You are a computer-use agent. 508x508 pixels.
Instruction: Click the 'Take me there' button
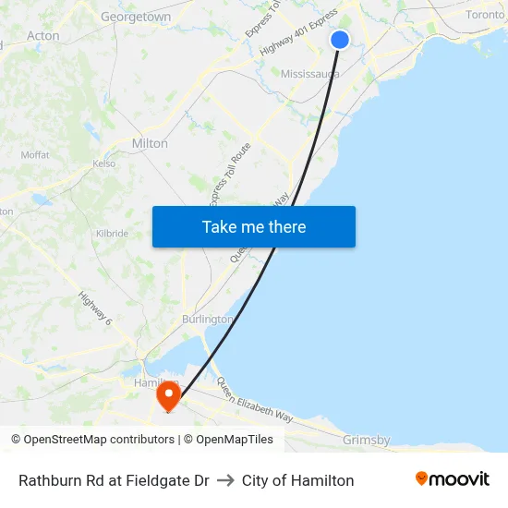coord(254,227)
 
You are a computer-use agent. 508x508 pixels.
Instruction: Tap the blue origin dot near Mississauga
coord(340,40)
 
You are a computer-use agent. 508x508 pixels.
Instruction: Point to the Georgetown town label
coord(136,17)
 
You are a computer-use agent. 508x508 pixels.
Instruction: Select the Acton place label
coord(43,36)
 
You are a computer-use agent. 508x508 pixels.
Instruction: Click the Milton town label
coord(150,143)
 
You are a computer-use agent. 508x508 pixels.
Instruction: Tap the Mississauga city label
coord(310,73)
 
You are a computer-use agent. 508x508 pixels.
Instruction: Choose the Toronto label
coord(485,15)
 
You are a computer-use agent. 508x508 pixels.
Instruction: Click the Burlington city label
coord(208,319)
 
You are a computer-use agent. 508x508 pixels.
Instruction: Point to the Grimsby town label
coord(366,441)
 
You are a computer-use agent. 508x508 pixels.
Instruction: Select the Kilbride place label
coord(112,234)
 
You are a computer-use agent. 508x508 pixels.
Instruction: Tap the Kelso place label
coord(104,163)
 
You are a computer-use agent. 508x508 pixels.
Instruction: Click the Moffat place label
coord(35,154)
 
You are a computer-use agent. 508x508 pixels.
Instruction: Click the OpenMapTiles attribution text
coord(234,440)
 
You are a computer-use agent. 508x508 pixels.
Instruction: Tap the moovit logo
coord(452,479)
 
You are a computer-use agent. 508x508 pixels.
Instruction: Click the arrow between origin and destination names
coord(225,480)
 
